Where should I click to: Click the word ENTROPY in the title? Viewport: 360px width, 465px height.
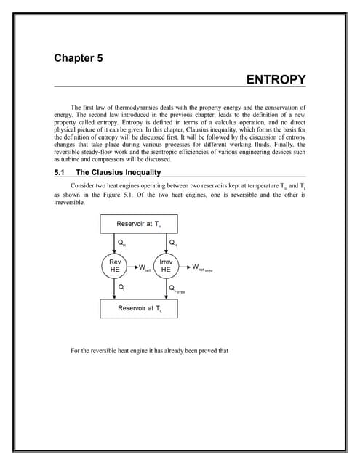click(x=276, y=79)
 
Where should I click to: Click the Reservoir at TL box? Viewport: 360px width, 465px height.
click(x=140, y=308)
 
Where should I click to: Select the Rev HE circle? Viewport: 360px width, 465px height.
click(x=115, y=266)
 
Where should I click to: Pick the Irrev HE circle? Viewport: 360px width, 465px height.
click(x=165, y=266)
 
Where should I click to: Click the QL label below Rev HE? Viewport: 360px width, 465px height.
click(x=121, y=288)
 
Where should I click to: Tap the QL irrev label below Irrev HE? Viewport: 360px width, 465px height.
click(x=175, y=288)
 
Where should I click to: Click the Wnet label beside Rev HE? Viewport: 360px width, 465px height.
click(x=143, y=268)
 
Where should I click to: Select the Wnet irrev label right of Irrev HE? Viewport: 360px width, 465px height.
click(x=204, y=268)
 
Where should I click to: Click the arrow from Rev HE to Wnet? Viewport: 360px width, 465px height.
click(x=132, y=266)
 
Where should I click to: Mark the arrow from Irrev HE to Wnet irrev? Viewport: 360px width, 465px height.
click(x=186, y=266)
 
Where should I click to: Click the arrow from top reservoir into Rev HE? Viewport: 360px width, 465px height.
click(x=115, y=243)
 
